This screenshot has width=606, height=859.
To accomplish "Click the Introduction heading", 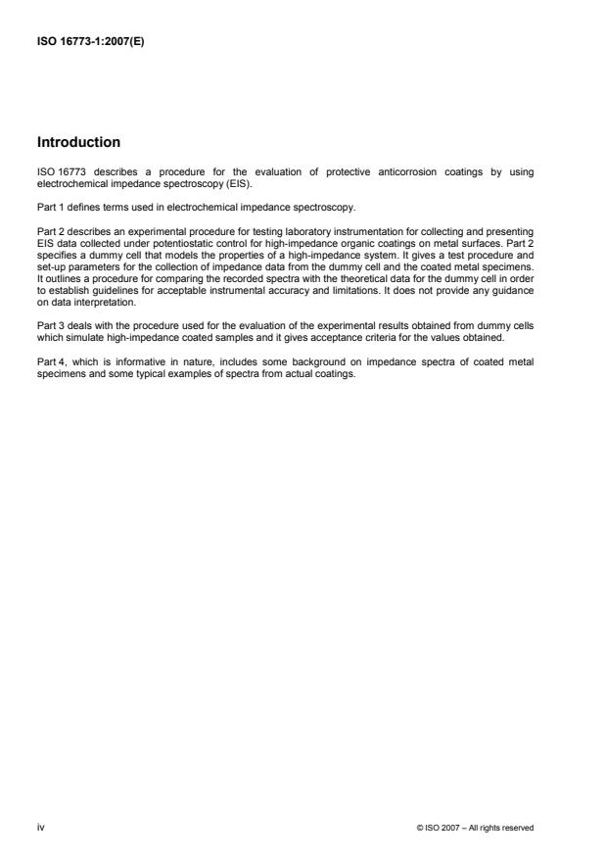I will coord(78,142).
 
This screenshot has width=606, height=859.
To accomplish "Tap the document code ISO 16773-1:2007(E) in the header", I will coord(89,42).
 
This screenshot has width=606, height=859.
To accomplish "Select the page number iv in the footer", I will coord(41,827).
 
